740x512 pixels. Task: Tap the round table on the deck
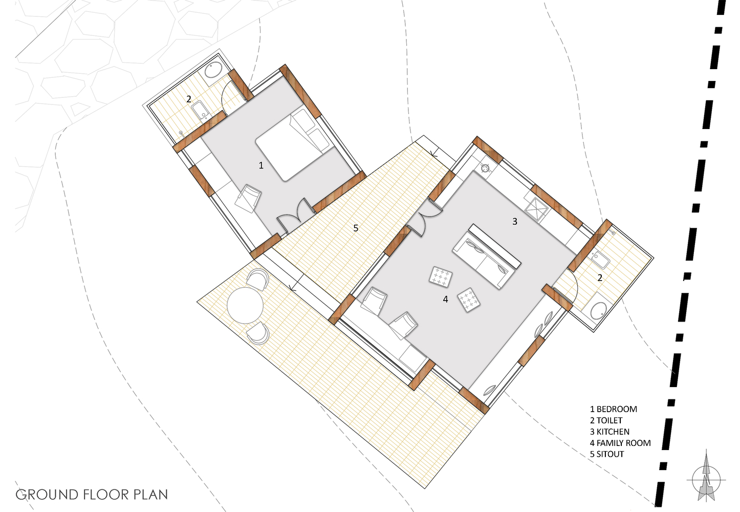pos(245,306)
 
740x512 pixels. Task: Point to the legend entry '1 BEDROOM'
pos(614,409)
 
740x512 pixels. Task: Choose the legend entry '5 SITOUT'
pos(607,454)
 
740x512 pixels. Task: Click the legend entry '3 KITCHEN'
pos(610,432)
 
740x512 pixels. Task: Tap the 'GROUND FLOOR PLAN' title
pos(92,495)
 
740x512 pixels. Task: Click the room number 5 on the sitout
pos(356,228)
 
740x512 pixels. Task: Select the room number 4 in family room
pos(446,300)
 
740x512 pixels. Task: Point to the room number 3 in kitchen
pos(515,222)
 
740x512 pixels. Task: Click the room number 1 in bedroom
pos(261,165)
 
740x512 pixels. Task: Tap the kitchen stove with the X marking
pos(536,208)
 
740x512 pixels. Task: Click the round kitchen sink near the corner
pos(485,168)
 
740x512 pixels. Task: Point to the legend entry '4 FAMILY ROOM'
pos(620,443)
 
